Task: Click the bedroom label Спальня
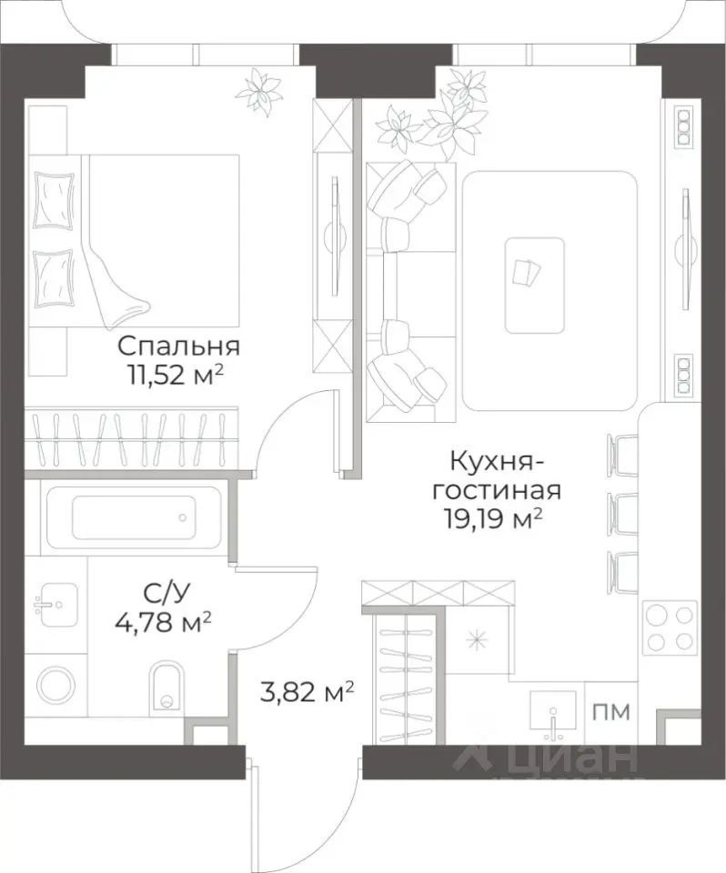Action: [178, 346]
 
